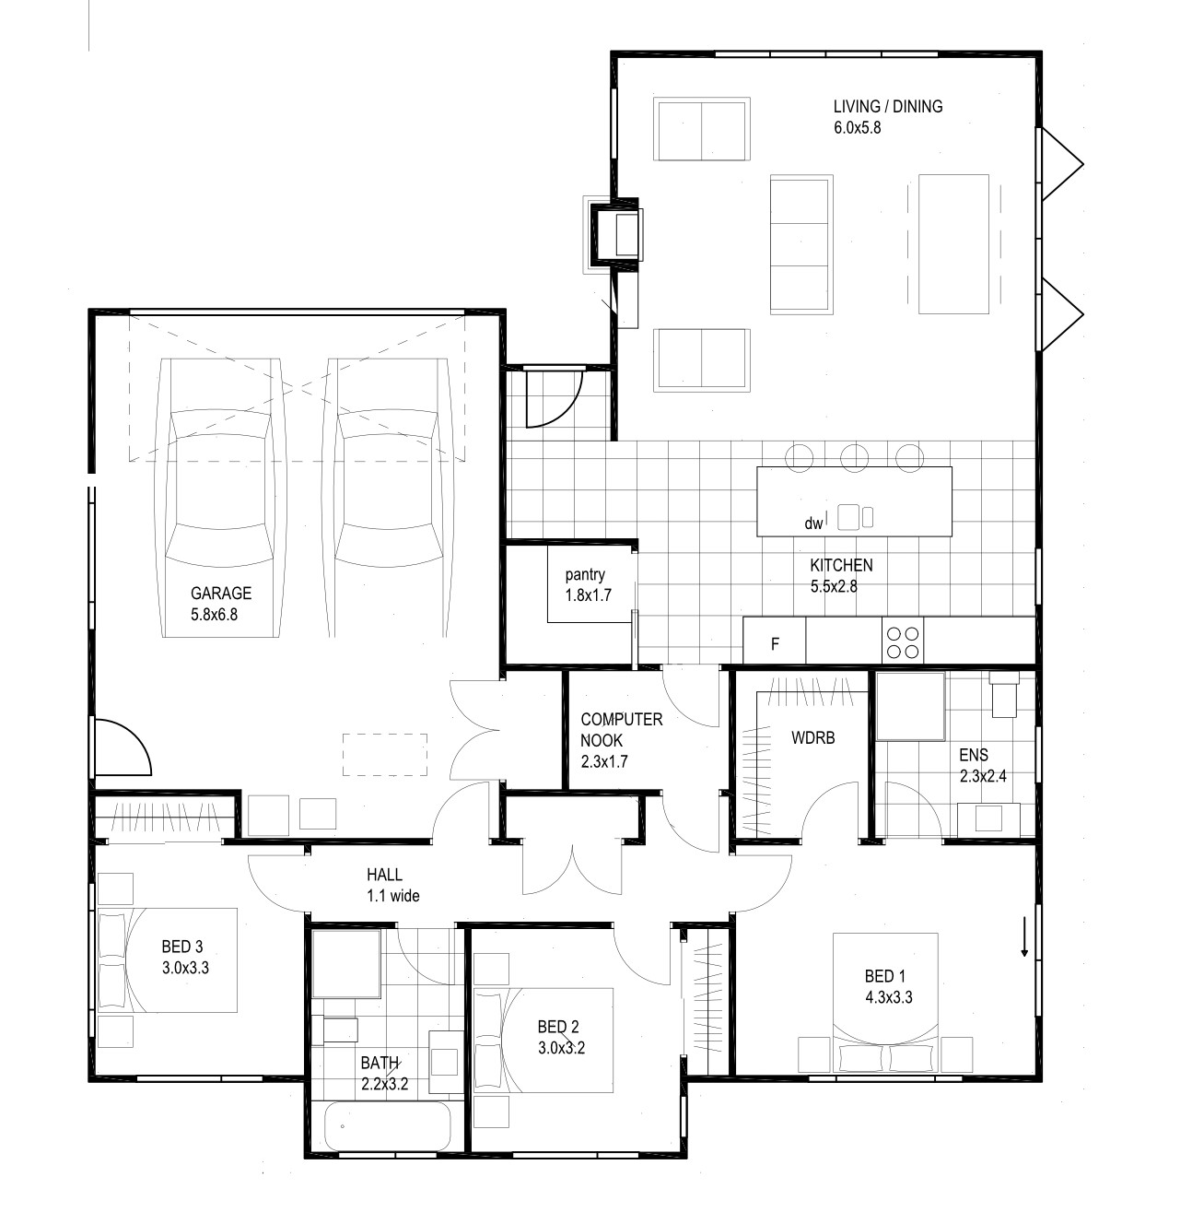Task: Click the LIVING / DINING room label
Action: (888, 117)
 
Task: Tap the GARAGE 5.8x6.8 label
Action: (221, 604)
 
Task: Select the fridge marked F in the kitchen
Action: (774, 640)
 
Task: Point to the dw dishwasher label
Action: (812, 524)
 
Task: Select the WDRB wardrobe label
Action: (812, 737)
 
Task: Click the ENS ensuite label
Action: (983, 765)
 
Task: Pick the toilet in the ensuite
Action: (1003, 694)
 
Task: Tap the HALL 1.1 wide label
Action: (393, 885)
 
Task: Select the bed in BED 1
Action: (885, 1003)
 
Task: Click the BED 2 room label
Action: (561, 1037)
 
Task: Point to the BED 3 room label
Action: (185, 957)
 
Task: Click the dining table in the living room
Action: (953, 244)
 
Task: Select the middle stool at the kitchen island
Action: (855, 457)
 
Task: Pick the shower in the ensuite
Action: (911, 706)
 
